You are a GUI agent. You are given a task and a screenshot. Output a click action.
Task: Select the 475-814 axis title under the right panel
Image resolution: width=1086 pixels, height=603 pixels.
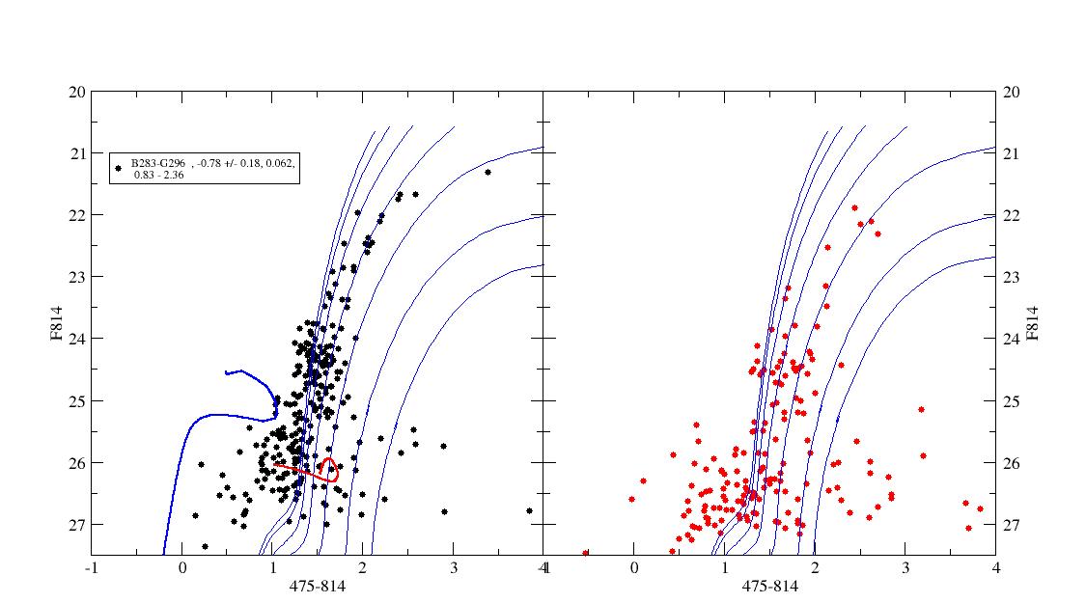[x=768, y=586]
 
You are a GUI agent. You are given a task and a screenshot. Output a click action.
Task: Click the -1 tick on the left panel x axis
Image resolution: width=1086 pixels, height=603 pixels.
[x=92, y=568]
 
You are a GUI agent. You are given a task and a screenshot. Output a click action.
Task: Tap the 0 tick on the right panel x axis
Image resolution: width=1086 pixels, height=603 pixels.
[x=633, y=568]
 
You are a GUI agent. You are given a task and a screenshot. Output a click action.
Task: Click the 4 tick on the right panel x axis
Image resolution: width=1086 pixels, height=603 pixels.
[x=995, y=568]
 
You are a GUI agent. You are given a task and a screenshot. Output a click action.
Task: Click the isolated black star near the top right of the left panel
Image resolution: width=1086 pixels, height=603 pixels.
[x=487, y=172]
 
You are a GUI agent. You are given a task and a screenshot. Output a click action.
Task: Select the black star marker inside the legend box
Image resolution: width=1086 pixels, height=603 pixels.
[x=119, y=167]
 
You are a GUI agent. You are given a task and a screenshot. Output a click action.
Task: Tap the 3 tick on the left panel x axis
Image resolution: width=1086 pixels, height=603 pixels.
[x=454, y=568]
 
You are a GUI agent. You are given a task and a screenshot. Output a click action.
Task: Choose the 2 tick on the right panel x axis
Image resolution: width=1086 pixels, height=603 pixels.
[x=815, y=568]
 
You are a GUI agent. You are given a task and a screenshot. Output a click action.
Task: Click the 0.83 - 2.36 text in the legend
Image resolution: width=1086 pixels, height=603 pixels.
[x=160, y=176]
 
